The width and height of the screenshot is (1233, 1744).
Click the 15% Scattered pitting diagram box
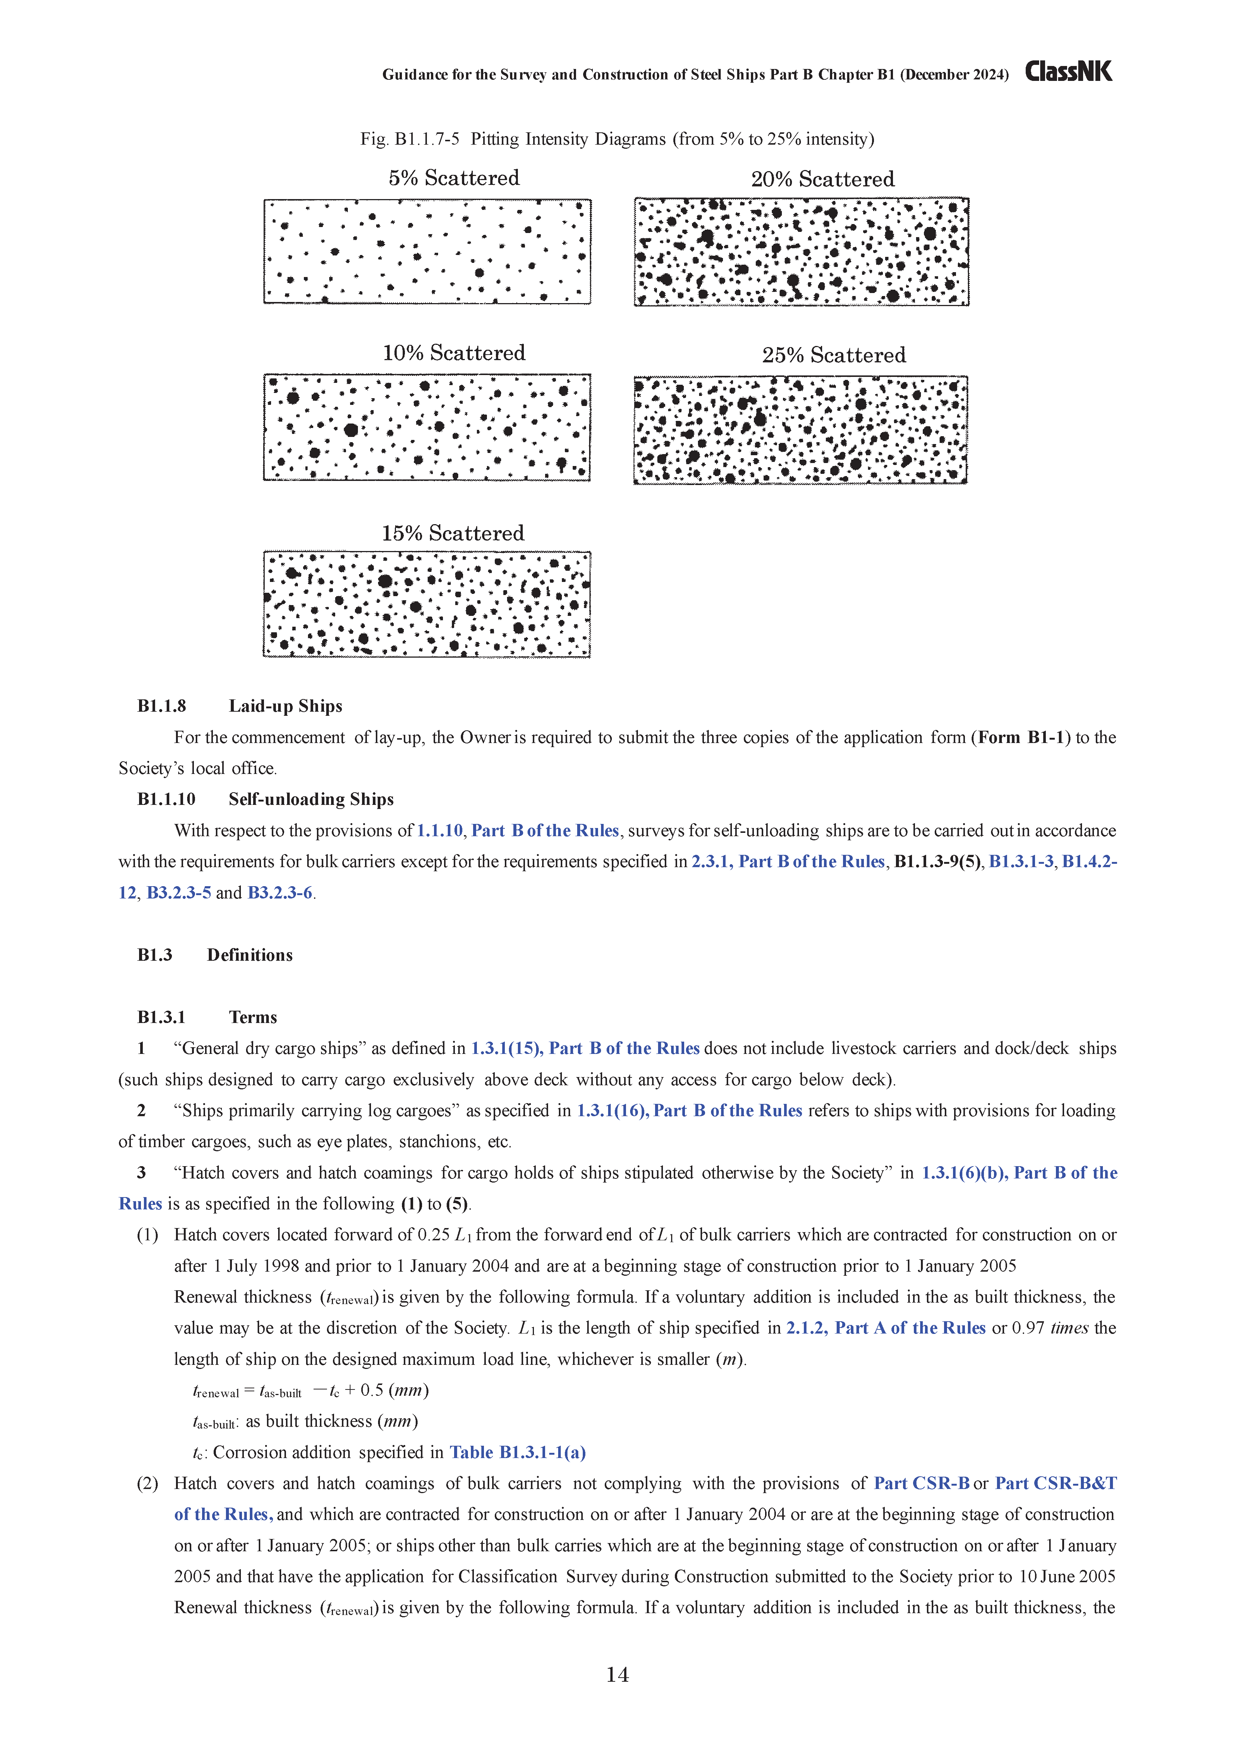pyautogui.click(x=427, y=605)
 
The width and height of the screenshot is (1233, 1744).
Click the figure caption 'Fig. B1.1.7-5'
pyautogui.click(x=409, y=139)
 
